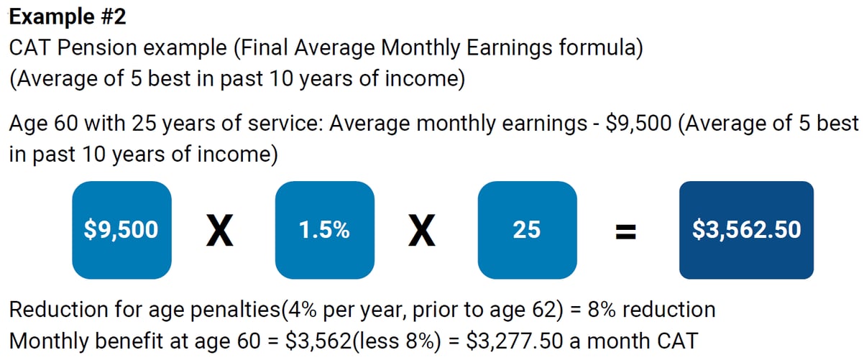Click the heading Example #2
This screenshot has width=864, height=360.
pyautogui.click(x=69, y=16)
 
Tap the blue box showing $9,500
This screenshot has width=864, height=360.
pyautogui.click(x=121, y=230)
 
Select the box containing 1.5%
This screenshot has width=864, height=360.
pyautogui.click(x=324, y=230)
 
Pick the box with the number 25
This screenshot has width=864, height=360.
pyautogui.click(x=527, y=230)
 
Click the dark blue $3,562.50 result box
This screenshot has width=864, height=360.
pyautogui.click(x=746, y=230)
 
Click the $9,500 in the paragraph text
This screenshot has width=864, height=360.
pyautogui.click(x=638, y=124)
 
